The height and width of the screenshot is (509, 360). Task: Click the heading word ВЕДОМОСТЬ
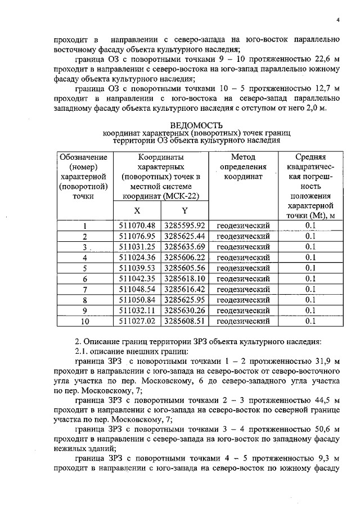196,124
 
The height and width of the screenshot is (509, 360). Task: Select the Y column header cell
184,210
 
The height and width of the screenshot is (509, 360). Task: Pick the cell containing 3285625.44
184,236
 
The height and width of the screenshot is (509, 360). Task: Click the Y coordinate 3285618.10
184,278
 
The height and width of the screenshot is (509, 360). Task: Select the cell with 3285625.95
184,299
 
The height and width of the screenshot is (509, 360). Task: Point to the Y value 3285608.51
184,321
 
